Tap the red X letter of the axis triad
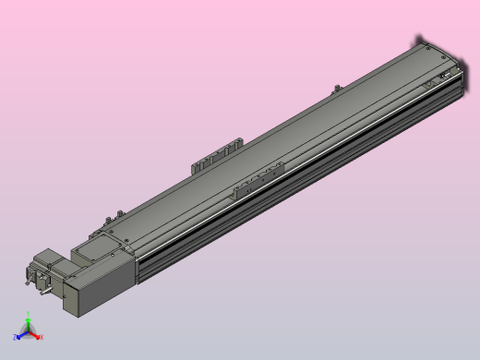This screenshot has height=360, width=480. point(42,338)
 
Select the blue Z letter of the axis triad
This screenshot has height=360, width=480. point(16,339)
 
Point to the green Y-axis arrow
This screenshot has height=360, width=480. point(28,326)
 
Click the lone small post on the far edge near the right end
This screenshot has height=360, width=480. point(335,89)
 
